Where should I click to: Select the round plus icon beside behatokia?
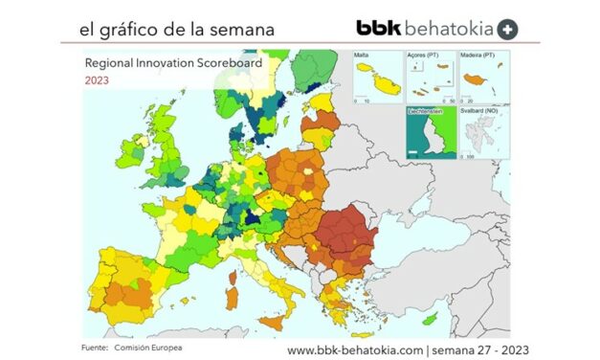(509, 29)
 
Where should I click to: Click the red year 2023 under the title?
(96, 80)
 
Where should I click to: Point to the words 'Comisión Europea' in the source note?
(151, 346)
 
